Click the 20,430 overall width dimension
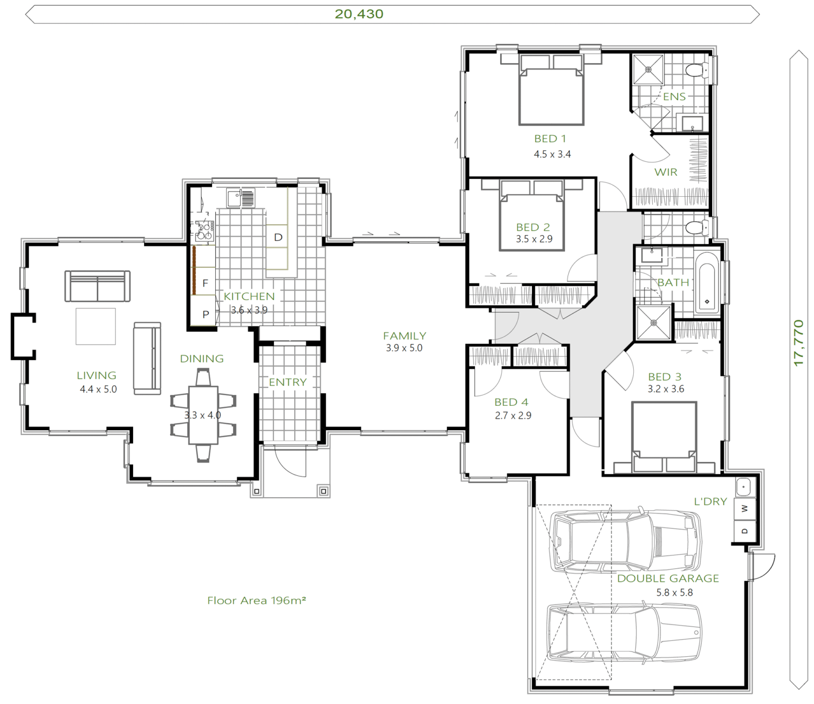pos(359,14)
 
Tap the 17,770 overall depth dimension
pos(799,342)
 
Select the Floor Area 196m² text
pos(256,601)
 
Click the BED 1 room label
pos(550,139)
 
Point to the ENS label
pos(674,97)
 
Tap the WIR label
pos(666,172)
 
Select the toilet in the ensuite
pos(696,70)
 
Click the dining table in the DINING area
pos(203,415)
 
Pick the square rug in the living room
pos(95,326)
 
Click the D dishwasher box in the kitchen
pos(278,237)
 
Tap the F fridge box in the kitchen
pos(205,283)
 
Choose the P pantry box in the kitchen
pos(206,314)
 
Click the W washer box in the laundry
pos(745,509)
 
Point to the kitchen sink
pos(241,198)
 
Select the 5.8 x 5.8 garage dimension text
pos(674,593)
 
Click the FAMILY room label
pos(404,336)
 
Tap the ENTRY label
pos(287,382)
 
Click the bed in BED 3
pos(663,435)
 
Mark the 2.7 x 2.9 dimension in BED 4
pos(512,415)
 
